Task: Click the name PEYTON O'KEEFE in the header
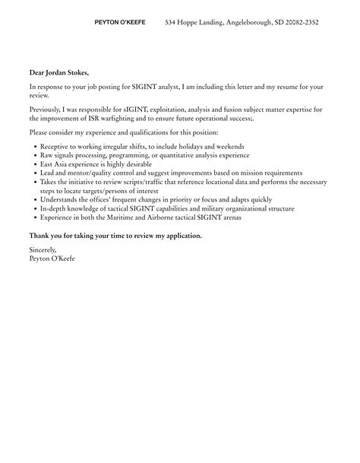click(x=120, y=23)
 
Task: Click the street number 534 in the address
click(x=172, y=23)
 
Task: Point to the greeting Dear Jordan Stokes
click(x=59, y=73)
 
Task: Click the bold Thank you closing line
click(x=115, y=236)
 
